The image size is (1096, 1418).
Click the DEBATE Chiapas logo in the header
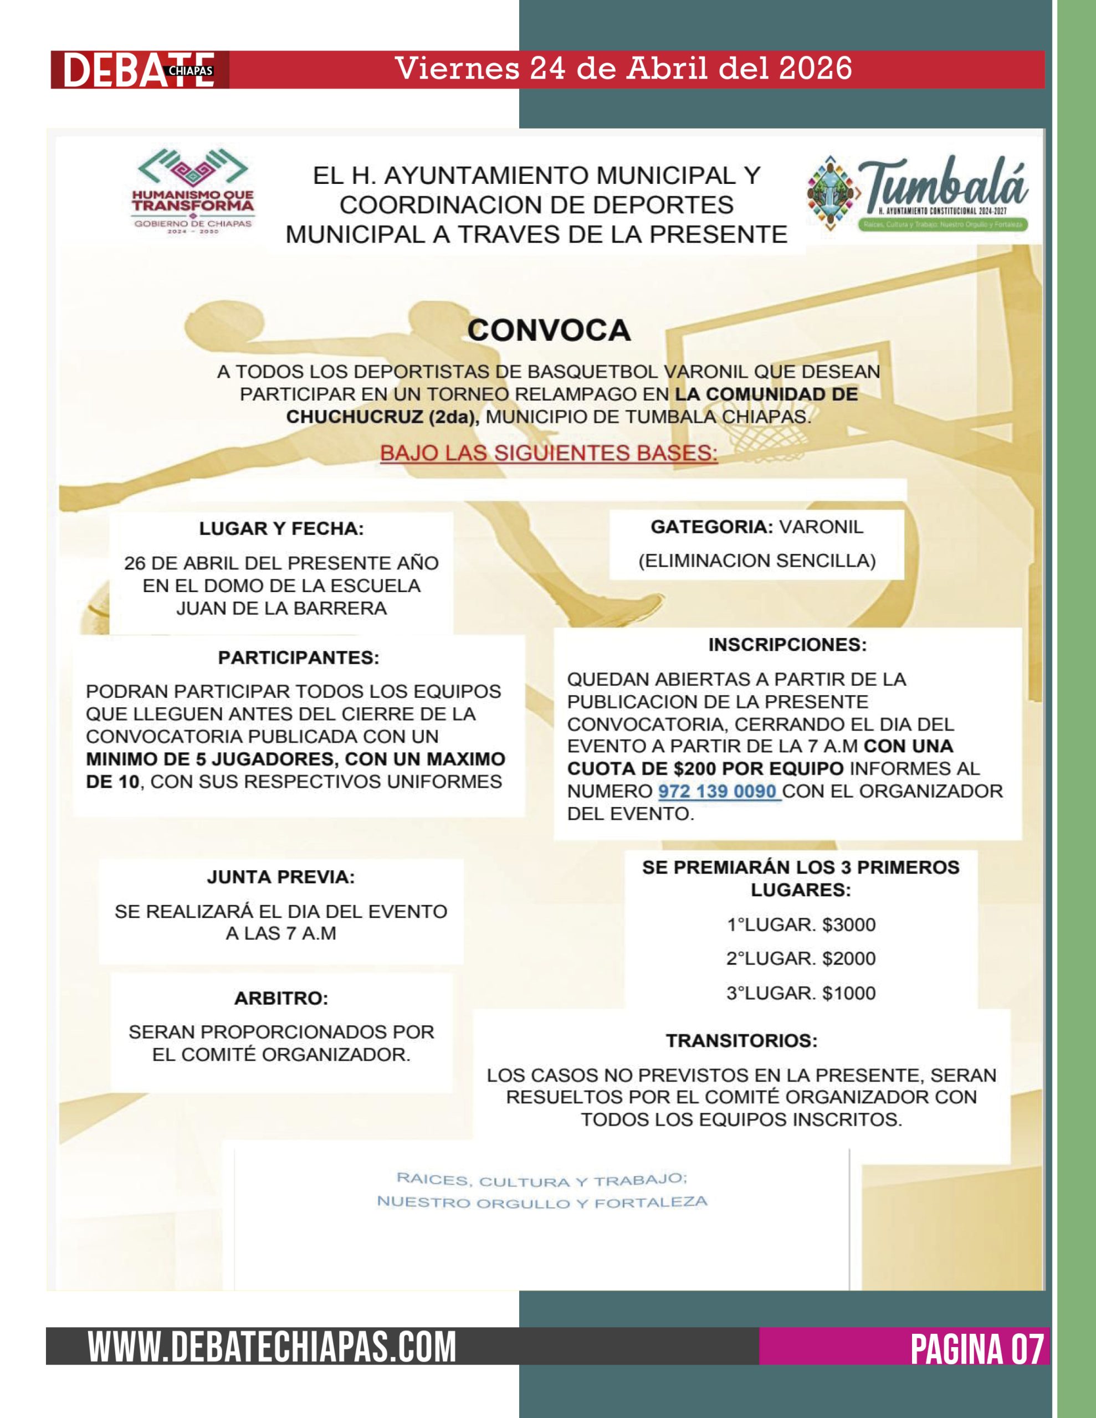(x=139, y=69)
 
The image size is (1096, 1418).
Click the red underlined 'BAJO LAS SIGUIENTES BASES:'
(x=549, y=453)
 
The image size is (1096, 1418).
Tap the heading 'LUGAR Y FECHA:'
(x=281, y=528)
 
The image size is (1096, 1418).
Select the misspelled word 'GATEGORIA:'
(x=711, y=527)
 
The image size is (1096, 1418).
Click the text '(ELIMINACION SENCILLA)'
(x=757, y=561)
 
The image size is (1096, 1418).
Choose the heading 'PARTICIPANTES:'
(x=298, y=657)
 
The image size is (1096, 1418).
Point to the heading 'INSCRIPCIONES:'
(x=787, y=645)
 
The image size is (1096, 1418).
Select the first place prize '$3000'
(x=848, y=924)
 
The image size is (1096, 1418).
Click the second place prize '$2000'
(x=848, y=958)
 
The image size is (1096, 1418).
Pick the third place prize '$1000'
(x=848, y=993)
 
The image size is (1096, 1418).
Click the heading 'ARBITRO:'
(x=281, y=998)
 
